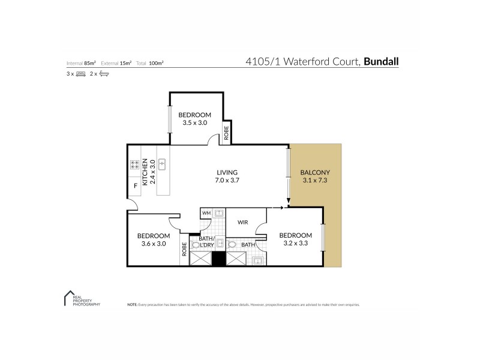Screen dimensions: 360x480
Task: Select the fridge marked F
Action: click(x=136, y=186)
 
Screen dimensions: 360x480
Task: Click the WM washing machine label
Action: click(x=206, y=213)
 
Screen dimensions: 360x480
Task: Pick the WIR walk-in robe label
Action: click(x=242, y=222)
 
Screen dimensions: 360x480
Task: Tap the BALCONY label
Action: click(x=315, y=173)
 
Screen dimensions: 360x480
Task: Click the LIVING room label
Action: click(x=227, y=172)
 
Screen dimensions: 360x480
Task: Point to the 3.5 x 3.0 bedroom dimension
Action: click(x=194, y=122)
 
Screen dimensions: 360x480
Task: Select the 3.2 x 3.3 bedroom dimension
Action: click(x=295, y=243)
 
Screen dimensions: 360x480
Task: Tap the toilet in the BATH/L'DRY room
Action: click(x=196, y=245)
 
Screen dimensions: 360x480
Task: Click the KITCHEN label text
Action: click(x=145, y=170)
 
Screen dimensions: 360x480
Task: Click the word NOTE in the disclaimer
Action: click(x=132, y=305)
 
